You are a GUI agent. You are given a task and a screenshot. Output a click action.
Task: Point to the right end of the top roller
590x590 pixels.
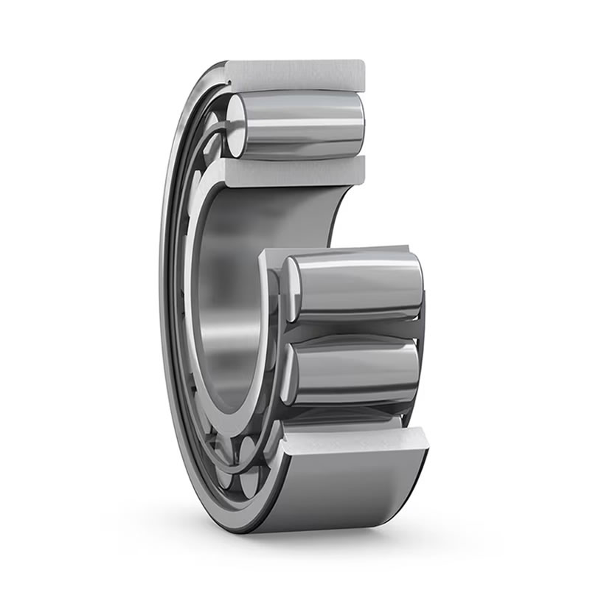pos(358,122)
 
